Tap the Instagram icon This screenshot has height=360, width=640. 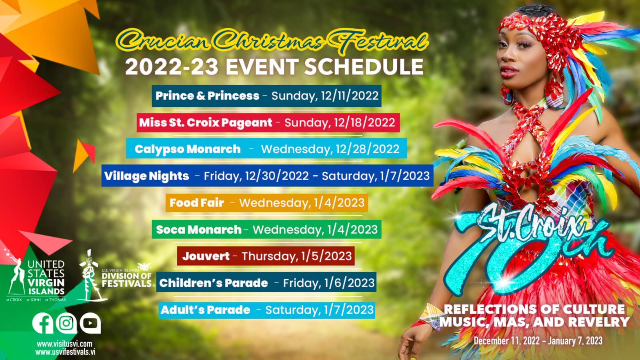66,323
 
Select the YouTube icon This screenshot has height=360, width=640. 90,323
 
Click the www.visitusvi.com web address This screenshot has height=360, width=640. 64,344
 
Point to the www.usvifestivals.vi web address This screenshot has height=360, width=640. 65,352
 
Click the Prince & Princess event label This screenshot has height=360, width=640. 207,96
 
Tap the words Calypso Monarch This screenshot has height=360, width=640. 188,149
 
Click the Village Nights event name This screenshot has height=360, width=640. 146,176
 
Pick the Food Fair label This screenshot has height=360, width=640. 196,203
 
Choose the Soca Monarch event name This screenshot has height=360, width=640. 198,230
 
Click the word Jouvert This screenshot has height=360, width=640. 206,256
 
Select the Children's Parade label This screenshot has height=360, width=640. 214,283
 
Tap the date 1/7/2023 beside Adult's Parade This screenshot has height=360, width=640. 348,310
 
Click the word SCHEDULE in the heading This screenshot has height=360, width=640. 364,67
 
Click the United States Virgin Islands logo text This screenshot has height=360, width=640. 46,278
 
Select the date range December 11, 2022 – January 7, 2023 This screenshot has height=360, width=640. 538,341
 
